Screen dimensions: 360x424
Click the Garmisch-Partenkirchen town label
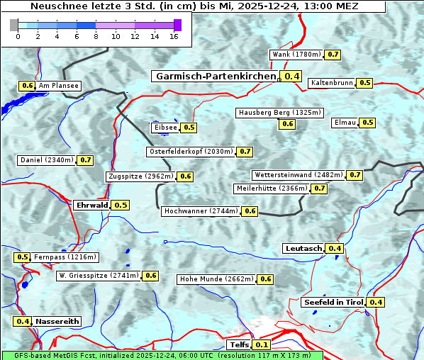tap(215, 77)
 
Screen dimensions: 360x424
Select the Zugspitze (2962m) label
tap(140, 176)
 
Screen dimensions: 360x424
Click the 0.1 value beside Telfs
tap(261, 345)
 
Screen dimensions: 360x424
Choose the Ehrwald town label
tap(91, 206)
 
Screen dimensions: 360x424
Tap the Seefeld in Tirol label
tap(333, 303)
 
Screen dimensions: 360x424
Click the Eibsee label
tap(164, 128)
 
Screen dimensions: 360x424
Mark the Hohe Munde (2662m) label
tap(216, 279)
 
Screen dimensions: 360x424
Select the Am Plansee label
tap(59, 86)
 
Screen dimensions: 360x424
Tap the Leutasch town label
tap(303, 248)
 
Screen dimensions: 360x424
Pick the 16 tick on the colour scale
tap(174, 37)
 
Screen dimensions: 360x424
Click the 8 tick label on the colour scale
tap(96, 37)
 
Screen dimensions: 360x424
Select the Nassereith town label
tap(57, 321)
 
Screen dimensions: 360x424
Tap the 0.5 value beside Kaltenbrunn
tap(364, 83)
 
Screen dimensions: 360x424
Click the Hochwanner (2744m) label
tap(201, 211)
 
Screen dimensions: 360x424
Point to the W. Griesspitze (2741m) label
tap(99, 276)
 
